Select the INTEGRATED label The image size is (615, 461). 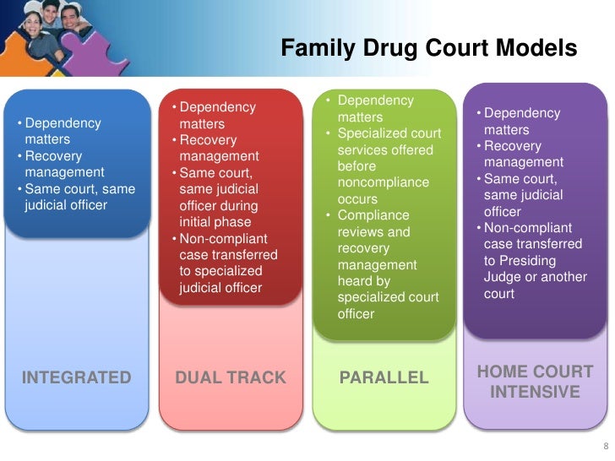(77, 377)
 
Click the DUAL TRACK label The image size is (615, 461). (231, 377)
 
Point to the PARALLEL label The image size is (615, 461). (384, 377)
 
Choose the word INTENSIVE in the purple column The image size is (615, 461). (535, 392)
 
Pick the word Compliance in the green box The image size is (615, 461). (373, 215)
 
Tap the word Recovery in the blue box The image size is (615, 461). (54, 156)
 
